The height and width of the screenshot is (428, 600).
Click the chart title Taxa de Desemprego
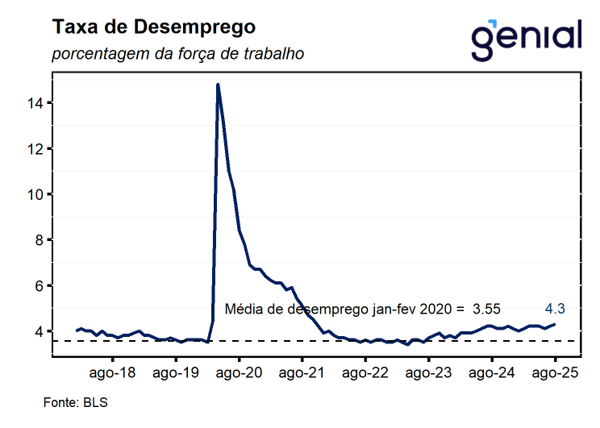pyautogui.click(x=154, y=27)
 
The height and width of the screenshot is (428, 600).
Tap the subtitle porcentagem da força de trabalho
pyautogui.click(x=177, y=55)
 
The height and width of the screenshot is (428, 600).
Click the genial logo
pyautogui.click(x=526, y=35)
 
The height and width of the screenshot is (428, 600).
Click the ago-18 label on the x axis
pyautogui.click(x=112, y=373)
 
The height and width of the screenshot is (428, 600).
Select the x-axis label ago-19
pyautogui.click(x=176, y=373)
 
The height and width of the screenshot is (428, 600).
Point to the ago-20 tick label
pyautogui.click(x=239, y=373)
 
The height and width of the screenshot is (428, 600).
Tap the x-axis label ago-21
pyautogui.click(x=302, y=373)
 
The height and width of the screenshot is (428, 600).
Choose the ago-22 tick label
pyautogui.click(x=365, y=373)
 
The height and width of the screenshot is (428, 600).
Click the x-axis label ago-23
pyautogui.click(x=428, y=373)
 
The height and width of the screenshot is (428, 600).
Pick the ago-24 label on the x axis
pyautogui.click(x=492, y=373)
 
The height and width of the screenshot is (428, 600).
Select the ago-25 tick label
pyautogui.click(x=555, y=373)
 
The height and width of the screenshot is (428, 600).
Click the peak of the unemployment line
pyautogui.click(x=218, y=85)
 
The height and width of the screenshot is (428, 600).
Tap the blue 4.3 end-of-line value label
pyautogui.click(x=555, y=308)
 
